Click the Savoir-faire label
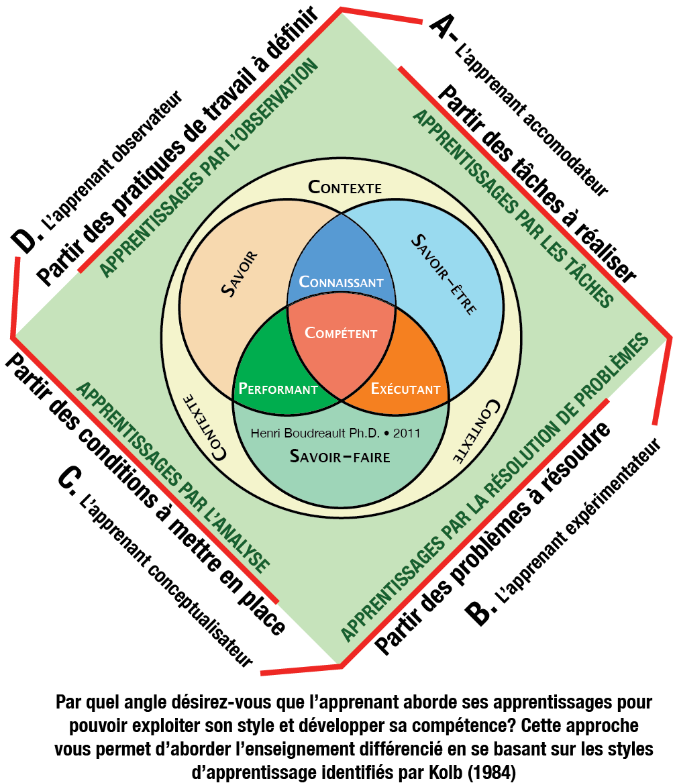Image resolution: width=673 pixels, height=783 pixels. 340,456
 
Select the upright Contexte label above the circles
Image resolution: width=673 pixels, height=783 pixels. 345,187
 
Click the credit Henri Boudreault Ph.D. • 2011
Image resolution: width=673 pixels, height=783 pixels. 335,433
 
